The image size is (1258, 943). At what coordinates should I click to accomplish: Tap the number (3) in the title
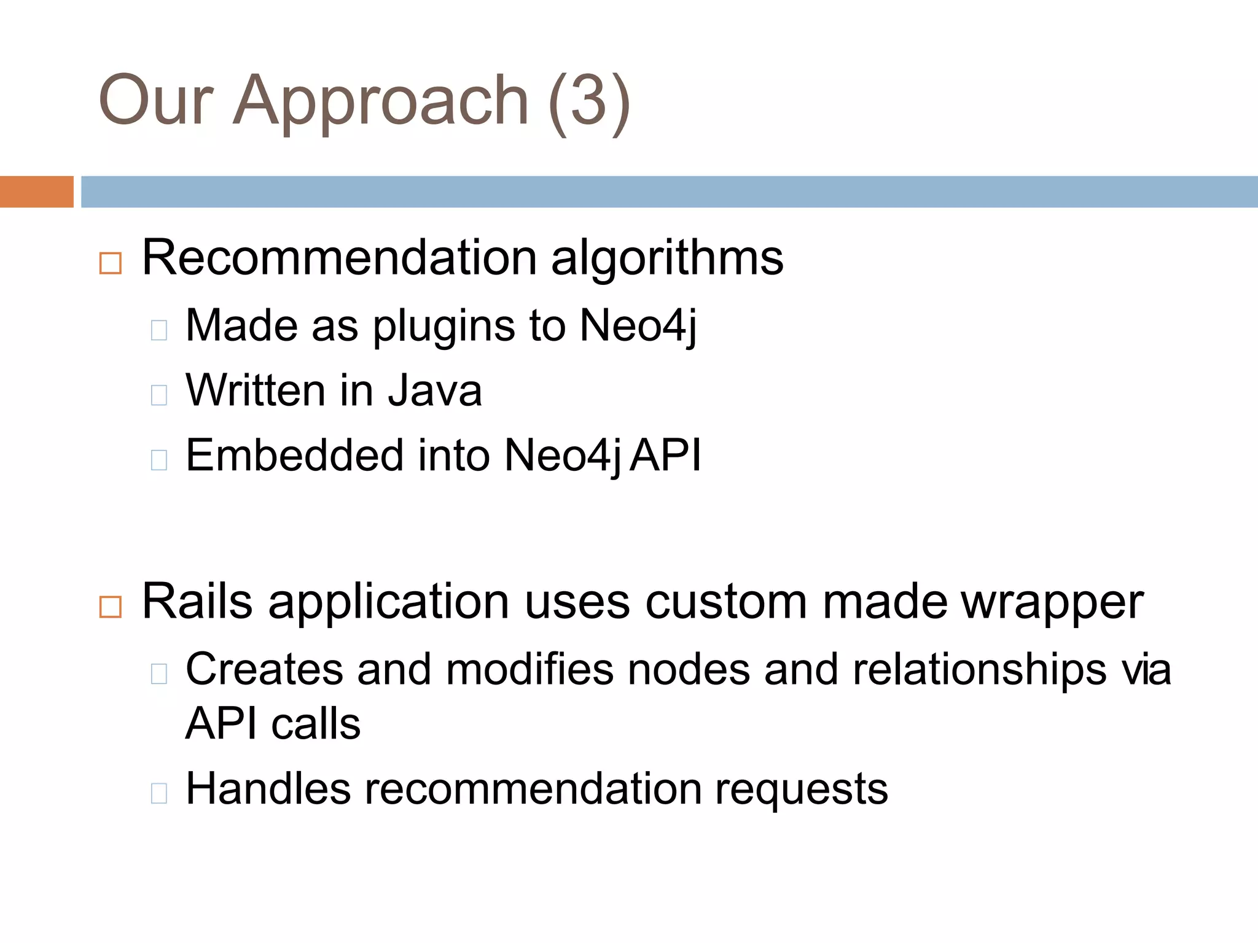588,101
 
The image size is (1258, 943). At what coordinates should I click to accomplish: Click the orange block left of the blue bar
36,192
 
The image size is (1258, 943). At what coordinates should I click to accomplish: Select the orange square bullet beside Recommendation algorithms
111,263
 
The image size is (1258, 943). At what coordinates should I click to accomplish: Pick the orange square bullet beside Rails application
111,607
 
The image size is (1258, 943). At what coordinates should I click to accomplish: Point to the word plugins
443,326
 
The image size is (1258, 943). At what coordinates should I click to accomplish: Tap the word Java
435,391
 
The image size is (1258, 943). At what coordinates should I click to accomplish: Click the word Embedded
295,456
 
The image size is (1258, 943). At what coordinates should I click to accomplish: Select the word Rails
197,602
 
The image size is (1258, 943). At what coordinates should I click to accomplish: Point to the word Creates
264,669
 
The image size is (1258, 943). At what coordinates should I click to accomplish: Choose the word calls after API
316,724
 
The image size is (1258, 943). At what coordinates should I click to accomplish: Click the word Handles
268,789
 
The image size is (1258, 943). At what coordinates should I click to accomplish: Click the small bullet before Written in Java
159,395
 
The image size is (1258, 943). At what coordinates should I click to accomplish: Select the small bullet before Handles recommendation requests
159,793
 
